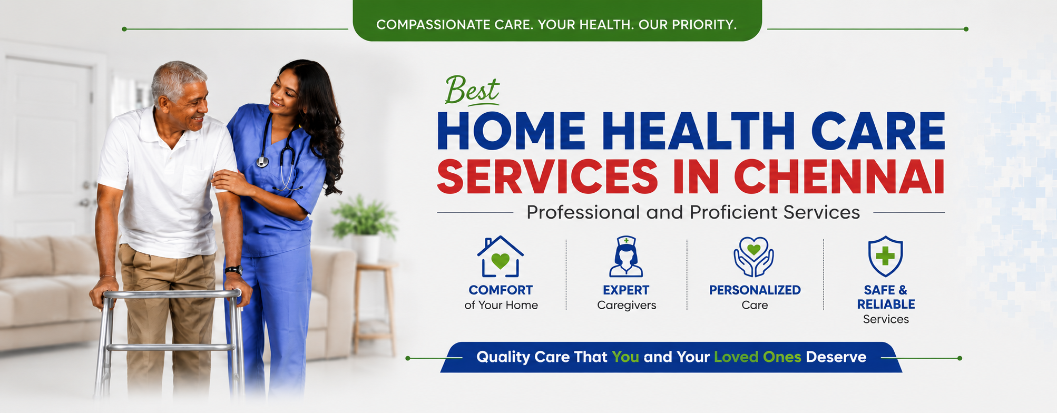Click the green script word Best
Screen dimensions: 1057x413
[x=472, y=91]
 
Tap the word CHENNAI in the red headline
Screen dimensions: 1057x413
[x=839, y=176]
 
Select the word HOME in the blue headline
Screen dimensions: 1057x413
[x=511, y=132]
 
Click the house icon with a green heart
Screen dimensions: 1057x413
[x=500, y=257]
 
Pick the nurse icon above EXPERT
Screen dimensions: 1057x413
[x=626, y=257]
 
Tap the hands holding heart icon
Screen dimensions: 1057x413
[x=754, y=257]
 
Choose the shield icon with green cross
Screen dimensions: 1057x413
[x=885, y=257]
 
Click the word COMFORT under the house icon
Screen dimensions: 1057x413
[x=501, y=290]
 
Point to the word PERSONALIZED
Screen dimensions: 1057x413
[x=755, y=290]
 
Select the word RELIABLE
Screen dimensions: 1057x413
[x=886, y=304]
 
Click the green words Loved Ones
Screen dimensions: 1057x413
[x=757, y=357]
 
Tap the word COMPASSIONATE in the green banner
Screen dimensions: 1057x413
[x=433, y=25]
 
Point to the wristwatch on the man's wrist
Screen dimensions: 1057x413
[x=233, y=270]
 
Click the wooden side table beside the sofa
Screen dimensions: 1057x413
[x=375, y=308]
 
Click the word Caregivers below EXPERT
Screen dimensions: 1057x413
[x=627, y=306]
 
